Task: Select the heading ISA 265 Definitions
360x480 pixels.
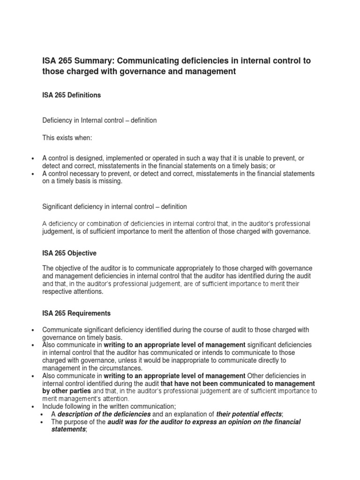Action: [71, 95]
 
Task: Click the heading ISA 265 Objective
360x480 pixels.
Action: [69, 253]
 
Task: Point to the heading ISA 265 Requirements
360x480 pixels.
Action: [76, 313]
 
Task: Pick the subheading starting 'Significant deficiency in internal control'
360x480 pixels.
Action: [114, 207]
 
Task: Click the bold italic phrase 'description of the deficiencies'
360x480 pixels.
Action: [104, 414]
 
